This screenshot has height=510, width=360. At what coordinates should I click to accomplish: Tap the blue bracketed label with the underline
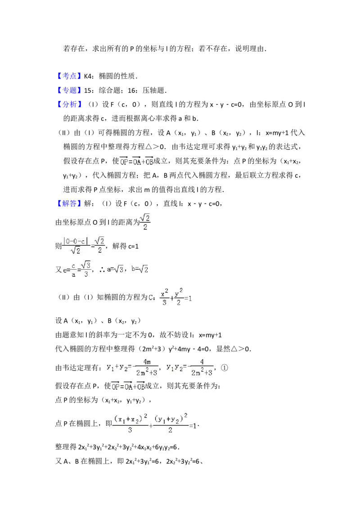pos(70,76)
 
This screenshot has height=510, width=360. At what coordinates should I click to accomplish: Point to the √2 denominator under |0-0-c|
pos(75,251)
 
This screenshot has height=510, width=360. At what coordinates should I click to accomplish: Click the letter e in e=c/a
pos(65,270)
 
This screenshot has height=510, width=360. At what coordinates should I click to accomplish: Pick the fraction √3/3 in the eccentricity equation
pos(86,270)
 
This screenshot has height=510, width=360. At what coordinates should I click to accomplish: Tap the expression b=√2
pos(140,270)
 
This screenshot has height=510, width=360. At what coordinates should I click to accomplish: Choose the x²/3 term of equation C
pos(164,297)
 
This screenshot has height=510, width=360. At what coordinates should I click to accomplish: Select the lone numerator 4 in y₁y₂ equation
pos(202,362)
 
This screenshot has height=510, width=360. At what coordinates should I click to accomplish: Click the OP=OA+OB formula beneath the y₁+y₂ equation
pos(128,387)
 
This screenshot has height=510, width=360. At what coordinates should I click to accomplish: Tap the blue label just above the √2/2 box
pos(70,204)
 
